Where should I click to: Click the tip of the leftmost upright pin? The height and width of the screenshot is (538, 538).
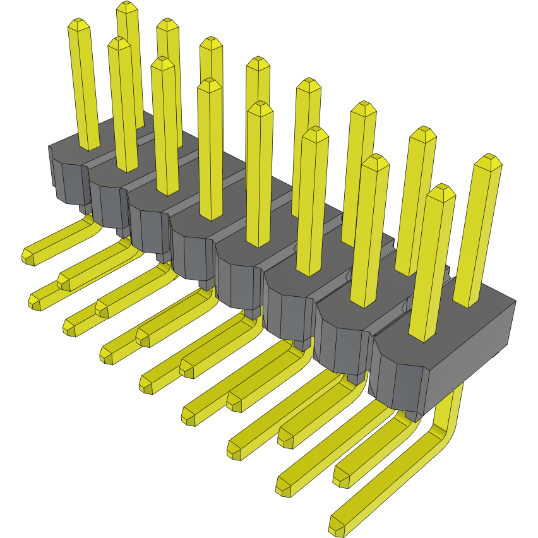point(80,25)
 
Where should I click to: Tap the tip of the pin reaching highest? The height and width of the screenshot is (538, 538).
point(128,7)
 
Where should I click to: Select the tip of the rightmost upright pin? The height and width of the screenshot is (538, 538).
point(487,161)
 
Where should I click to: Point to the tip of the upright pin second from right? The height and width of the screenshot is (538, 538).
point(440,191)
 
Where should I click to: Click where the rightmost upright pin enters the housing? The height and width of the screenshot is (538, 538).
point(470,302)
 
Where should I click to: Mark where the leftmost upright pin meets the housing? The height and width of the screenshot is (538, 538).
point(89,146)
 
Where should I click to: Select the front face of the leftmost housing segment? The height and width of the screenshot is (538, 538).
point(66,181)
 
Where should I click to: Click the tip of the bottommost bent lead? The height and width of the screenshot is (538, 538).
point(338,523)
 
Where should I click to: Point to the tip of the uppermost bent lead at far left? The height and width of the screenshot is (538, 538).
point(28,255)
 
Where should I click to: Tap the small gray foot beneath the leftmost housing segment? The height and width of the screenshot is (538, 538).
point(84,208)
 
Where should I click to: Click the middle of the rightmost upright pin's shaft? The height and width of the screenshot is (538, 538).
point(479,234)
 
